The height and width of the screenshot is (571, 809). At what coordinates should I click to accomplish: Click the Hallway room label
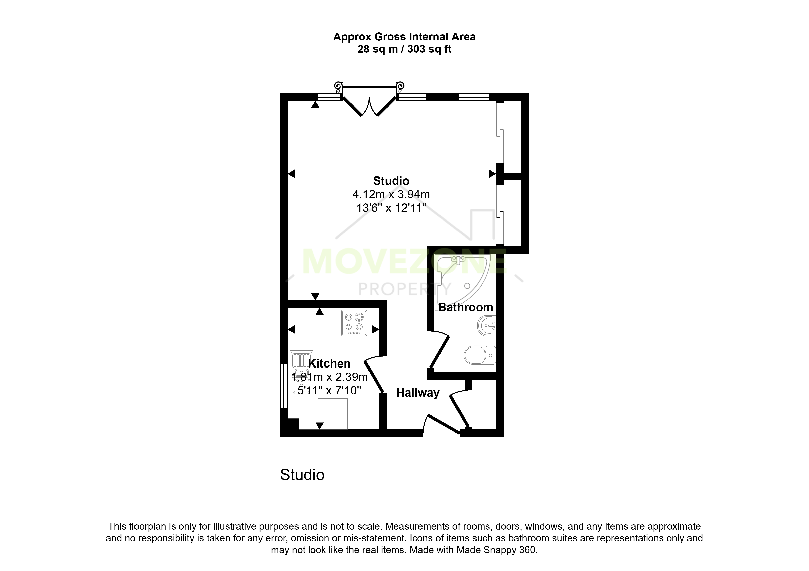click(x=418, y=393)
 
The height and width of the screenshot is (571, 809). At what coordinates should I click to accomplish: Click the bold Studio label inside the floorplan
click(x=391, y=181)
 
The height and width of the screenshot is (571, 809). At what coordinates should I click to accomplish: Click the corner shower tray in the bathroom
click(x=462, y=279)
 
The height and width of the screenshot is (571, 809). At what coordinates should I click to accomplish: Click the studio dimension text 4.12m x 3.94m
click(x=391, y=194)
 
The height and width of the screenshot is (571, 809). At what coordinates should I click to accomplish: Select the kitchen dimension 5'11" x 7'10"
click(x=329, y=390)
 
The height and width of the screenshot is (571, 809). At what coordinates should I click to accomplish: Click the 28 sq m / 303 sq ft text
click(x=404, y=49)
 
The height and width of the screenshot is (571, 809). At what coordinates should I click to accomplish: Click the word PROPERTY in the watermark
click(x=404, y=289)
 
